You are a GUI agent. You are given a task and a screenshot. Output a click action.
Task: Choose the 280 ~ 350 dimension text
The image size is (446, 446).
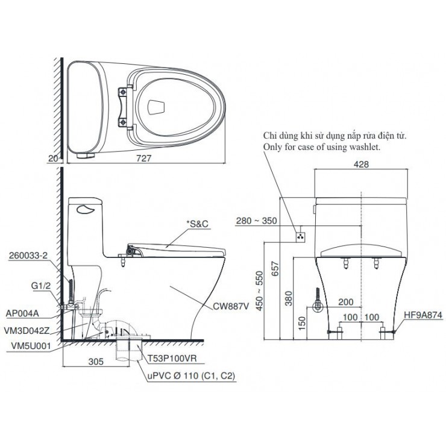point(257,220)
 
